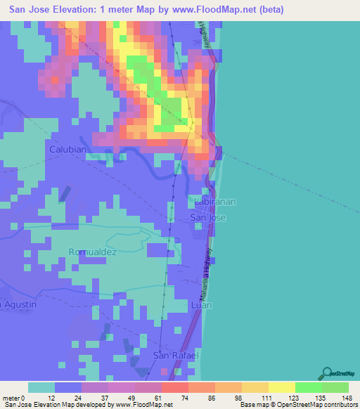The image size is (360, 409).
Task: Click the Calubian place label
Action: pos(67,150)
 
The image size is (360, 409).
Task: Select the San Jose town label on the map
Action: pos(208,219)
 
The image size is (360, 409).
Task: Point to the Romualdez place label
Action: pos(92,252)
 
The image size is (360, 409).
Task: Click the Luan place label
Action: pos(201,305)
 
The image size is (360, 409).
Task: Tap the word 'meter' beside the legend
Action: pos(13,398)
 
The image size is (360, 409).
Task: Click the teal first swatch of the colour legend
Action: pos(41,387)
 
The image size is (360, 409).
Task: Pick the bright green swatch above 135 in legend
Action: pos(309,387)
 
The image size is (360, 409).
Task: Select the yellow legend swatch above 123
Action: pos(282,387)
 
